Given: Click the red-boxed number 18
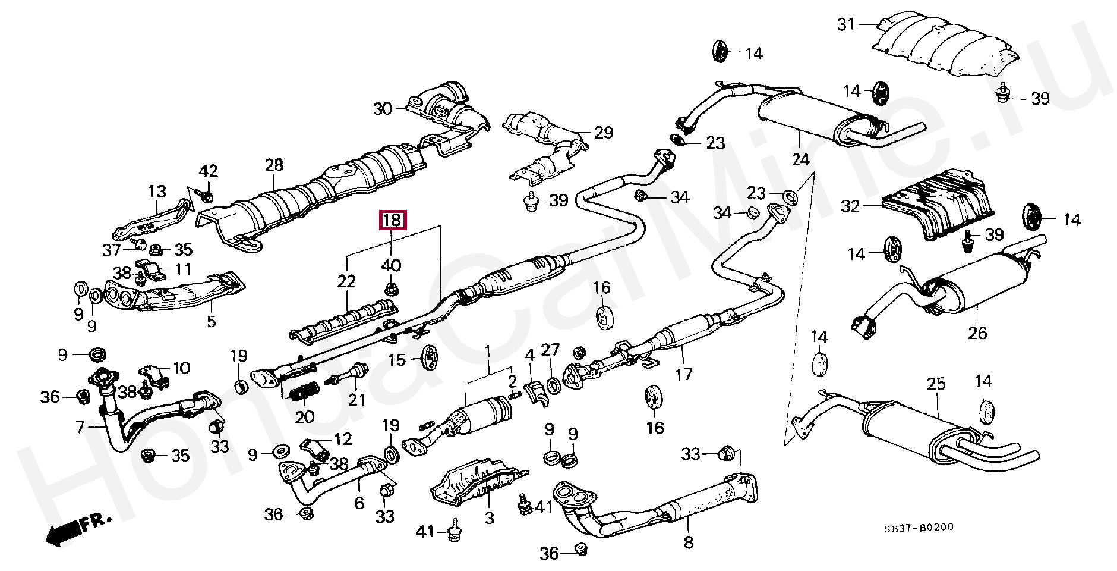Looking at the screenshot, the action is (x=392, y=221).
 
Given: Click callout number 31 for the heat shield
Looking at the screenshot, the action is (x=847, y=24).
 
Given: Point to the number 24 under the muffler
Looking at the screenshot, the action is (x=801, y=159).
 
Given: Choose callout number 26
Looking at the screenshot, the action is (x=977, y=332).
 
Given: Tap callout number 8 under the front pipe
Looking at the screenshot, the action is (x=688, y=542).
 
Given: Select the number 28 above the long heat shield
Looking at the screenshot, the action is (x=274, y=165).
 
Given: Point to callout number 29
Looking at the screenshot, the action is (x=603, y=132).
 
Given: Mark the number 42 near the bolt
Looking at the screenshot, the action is (x=208, y=171).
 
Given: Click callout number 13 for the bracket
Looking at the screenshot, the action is (x=157, y=192).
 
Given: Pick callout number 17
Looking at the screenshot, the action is (x=683, y=375).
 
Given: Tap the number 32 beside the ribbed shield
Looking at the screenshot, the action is (x=850, y=206).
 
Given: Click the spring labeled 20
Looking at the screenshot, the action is (x=305, y=393).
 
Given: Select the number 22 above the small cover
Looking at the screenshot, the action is (x=346, y=281).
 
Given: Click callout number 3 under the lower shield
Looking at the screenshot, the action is (x=489, y=518).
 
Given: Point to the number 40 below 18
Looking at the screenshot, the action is (x=391, y=266).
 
